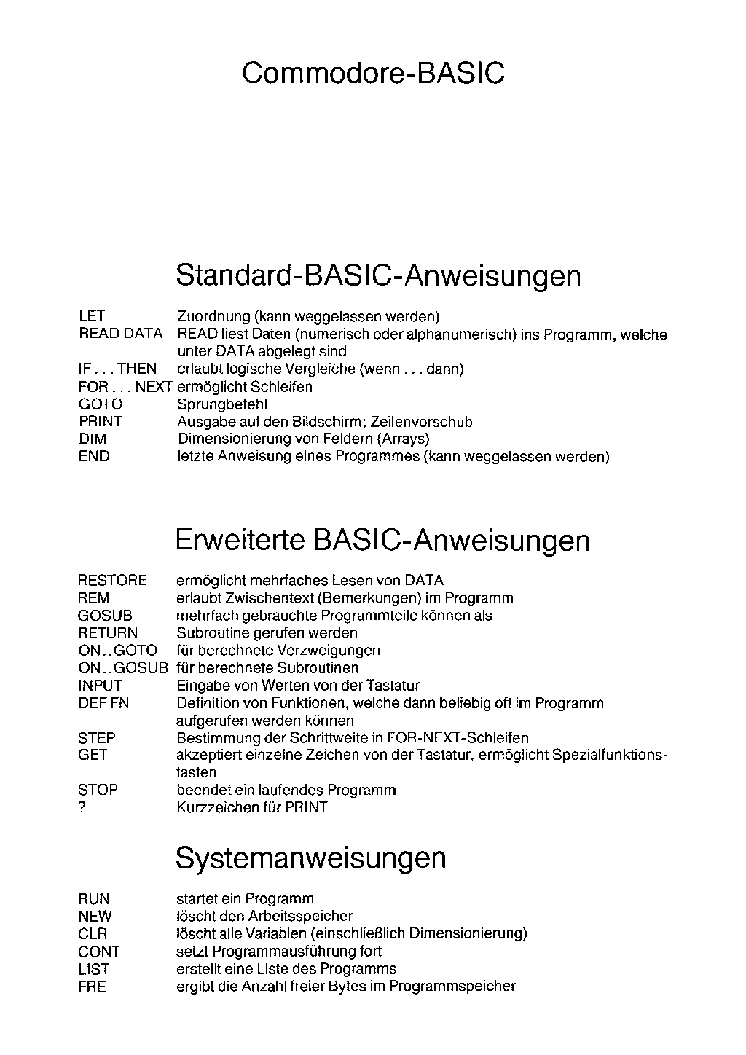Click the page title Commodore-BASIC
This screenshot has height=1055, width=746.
(x=373, y=74)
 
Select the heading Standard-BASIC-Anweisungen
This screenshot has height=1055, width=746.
(x=378, y=276)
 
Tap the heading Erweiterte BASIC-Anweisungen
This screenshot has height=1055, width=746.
(x=382, y=541)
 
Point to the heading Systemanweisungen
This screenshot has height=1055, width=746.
(x=310, y=858)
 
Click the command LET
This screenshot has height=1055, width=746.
(x=92, y=316)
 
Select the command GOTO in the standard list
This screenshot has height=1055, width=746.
(x=101, y=404)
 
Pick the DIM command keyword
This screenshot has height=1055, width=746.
(x=93, y=439)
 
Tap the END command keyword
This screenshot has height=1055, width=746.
(x=94, y=457)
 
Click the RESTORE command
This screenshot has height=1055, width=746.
(x=112, y=581)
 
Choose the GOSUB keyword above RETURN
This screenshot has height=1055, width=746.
(x=105, y=616)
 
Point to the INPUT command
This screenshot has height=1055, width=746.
(x=100, y=686)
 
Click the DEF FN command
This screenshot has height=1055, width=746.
(x=103, y=703)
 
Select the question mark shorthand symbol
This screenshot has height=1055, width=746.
(x=82, y=807)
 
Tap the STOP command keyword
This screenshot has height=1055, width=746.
(x=98, y=790)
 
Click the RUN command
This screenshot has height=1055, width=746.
(x=94, y=899)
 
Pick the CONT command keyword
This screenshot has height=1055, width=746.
(x=98, y=952)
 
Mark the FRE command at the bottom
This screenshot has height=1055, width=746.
(x=92, y=987)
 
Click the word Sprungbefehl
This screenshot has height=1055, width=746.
(x=222, y=404)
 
